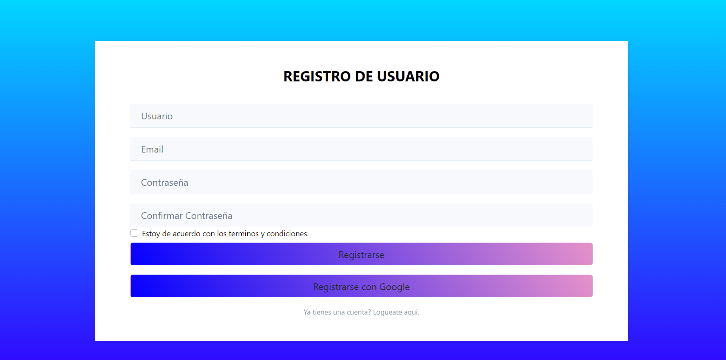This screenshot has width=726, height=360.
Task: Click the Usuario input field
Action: [361, 116]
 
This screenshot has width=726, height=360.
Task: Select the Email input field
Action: [361, 149]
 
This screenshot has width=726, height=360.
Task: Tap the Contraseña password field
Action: [361, 182]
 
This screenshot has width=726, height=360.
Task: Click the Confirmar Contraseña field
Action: [361, 215]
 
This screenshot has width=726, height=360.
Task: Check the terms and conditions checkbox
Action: [134, 233]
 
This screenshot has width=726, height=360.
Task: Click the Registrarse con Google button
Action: [361, 286]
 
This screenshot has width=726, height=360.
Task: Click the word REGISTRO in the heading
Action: [317, 76]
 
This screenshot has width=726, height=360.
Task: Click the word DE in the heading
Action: [364, 76]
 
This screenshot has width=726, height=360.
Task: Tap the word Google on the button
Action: [394, 287]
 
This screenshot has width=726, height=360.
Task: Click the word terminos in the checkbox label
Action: [243, 234]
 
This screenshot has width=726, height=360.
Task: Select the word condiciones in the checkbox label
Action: [287, 234]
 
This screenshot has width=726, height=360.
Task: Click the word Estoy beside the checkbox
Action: [151, 234]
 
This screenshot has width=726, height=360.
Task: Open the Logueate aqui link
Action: [396, 312]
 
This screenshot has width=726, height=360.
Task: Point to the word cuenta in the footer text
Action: [358, 312]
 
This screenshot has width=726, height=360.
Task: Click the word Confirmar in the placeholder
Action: [162, 216]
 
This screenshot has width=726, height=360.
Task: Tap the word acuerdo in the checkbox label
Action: [186, 234]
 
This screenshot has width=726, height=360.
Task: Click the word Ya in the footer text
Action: [307, 312]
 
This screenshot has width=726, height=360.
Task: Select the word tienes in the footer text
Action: [322, 312]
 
